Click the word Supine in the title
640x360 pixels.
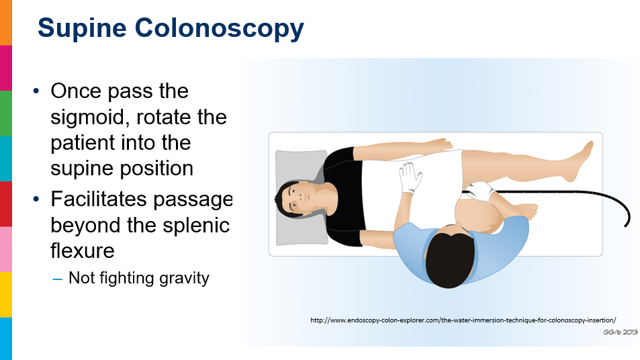tap(82, 28)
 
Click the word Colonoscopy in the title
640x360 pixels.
tap(220, 30)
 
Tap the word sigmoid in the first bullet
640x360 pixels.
tap(91, 117)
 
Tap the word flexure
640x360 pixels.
tap(83, 251)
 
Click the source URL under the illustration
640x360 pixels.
tap(463, 320)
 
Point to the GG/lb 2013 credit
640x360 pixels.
tap(620, 332)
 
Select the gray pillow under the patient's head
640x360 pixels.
tap(302, 198)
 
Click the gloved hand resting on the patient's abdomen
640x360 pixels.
tap(410, 177)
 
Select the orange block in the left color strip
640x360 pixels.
tap(6, 22)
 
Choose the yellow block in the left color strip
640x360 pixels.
tap(6, 295)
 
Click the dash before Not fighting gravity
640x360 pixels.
tap(57, 279)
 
